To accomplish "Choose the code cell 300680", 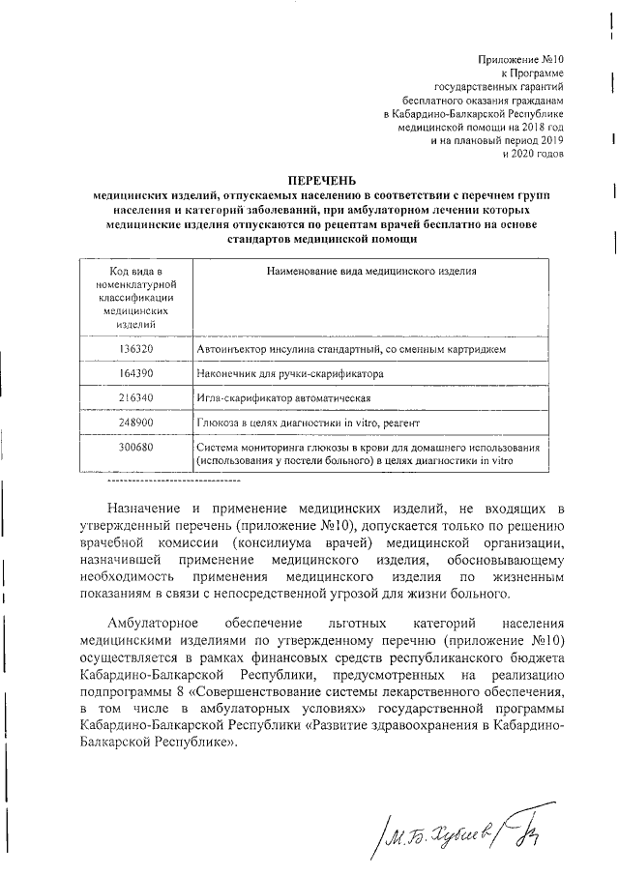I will (x=136, y=448).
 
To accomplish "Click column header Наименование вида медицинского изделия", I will (x=371, y=272).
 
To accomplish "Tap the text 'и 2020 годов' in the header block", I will (x=533, y=154).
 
